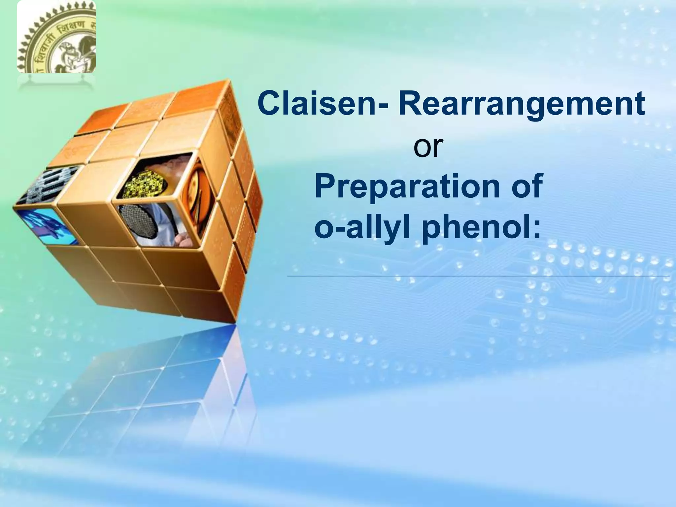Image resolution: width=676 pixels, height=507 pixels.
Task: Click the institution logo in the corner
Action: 56,37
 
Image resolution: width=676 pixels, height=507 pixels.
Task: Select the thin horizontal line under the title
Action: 479,275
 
